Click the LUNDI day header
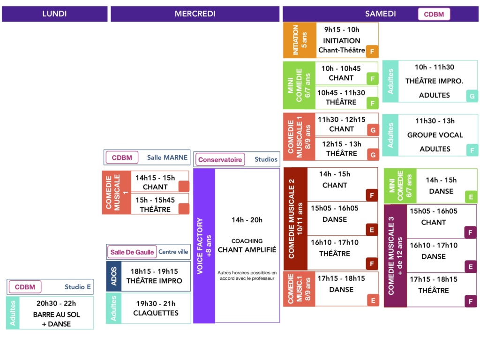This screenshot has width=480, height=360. coord(54,14)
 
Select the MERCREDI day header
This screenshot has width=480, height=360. coord(195,14)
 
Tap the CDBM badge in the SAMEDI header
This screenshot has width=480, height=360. coord(434,14)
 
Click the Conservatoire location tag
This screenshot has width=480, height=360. coord(220,160)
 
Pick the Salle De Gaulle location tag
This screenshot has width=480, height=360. coord(132,252)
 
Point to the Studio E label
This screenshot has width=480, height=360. coord(78,287)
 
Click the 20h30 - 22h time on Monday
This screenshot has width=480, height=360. coord(56,303)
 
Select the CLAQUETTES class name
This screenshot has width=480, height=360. coord(156,313)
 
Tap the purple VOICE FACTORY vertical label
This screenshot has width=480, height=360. coord(203,246)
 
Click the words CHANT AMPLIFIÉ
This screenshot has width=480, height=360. coord(247,250)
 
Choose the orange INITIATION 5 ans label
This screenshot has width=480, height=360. coord(299,40)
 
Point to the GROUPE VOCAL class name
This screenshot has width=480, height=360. coord(435,135)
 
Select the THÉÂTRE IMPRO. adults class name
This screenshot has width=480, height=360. coord(434,81)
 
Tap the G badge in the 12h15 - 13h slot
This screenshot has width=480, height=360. coord(373,154)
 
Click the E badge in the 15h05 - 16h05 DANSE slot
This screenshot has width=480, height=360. coord(372,230)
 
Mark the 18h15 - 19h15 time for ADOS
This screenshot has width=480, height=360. coord(154,271)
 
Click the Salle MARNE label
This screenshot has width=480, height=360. coord(167,157)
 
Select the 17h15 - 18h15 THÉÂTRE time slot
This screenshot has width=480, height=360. coord(434,279)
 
